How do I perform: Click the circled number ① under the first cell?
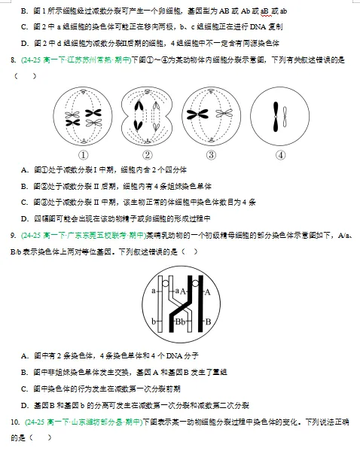pyautogui.click(x=84, y=154)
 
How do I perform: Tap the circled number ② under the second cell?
pyautogui.click(x=148, y=154)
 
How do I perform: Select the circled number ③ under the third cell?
pyautogui.click(x=211, y=154)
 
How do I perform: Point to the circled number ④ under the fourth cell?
pyautogui.click(x=281, y=154)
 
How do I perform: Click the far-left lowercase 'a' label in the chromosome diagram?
pyautogui.click(x=153, y=289)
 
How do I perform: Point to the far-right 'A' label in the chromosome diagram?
pyautogui.click(x=207, y=290)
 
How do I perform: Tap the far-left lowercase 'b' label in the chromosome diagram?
pyautogui.click(x=153, y=321)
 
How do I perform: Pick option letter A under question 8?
pyautogui.click(x=25, y=169)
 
